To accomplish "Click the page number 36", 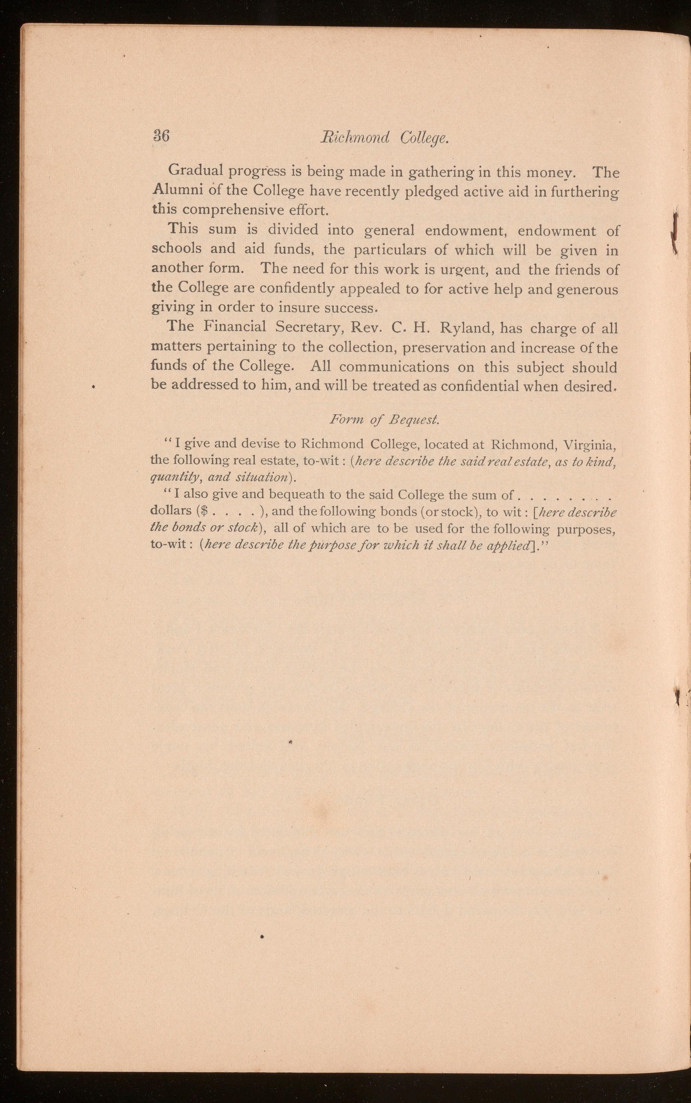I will pyautogui.click(x=161, y=136).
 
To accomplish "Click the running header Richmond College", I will pyautogui.click(x=384, y=137).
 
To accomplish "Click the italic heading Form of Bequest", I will pyautogui.click(x=384, y=420).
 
